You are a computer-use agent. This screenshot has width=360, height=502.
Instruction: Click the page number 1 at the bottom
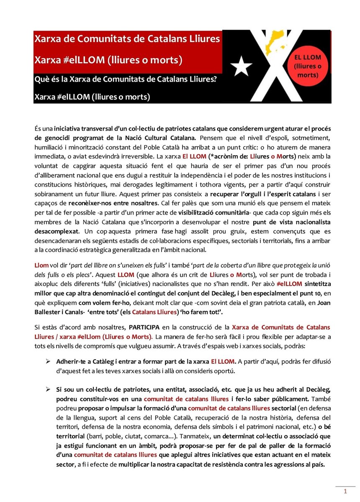pyautogui.click(x=345, y=491)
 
